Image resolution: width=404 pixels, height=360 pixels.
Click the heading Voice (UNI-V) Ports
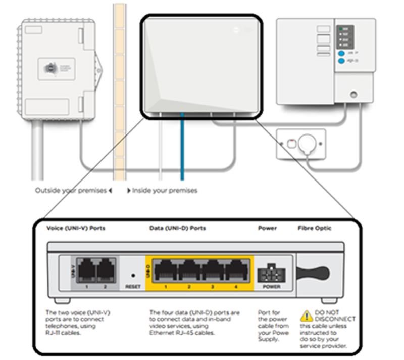[x=76, y=228]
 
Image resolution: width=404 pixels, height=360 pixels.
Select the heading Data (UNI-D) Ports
[x=178, y=228]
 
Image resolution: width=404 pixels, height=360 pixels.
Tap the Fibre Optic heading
[x=315, y=228]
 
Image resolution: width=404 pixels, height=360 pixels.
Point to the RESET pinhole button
[x=133, y=276]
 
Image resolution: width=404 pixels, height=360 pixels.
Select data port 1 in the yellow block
[x=165, y=271]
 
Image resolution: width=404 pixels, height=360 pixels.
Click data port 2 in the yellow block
[x=189, y=271]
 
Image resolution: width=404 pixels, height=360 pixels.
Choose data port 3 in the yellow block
[x=213, y=271]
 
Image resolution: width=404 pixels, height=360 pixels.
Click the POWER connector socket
[x=268, y=274]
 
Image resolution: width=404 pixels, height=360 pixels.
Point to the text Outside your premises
[x=71, y=191]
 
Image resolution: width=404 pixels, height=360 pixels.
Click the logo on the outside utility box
[x=49, y=69]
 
